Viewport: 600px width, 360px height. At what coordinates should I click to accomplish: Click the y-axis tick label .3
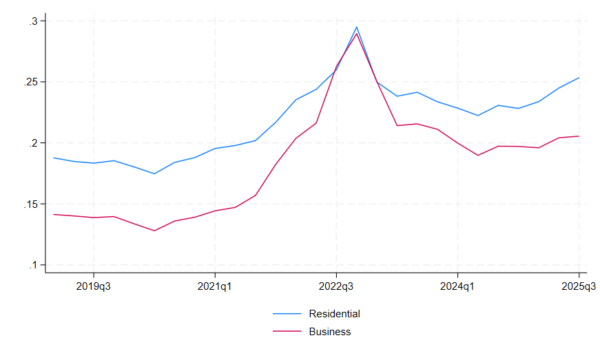pos(33,21)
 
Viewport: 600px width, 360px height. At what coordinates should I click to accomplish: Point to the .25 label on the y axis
pos(30,82)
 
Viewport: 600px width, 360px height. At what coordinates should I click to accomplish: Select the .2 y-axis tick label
pos(33,143)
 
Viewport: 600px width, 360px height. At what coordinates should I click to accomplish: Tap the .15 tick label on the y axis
pos(30,204)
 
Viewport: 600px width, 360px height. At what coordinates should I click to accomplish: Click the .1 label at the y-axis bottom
pos(33,265)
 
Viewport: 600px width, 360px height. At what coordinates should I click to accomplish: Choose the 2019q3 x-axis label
pos(93,286)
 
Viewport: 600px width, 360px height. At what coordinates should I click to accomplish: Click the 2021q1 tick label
pos(215,286)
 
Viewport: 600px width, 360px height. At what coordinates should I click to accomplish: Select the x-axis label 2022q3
pos(336,286)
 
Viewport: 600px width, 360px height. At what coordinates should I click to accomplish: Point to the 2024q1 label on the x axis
pos(457,286)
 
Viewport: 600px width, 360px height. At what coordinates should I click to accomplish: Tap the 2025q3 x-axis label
pos(579,286)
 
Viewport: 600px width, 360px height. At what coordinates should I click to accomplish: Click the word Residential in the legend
pos(334,314)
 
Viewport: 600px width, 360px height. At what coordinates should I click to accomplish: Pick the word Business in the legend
pos(330,332)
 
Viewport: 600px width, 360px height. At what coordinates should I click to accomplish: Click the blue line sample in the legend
pos(288,314)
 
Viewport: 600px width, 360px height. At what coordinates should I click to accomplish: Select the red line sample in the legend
pos(288,332)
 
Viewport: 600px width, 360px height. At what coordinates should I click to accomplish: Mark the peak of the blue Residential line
pos(356,27)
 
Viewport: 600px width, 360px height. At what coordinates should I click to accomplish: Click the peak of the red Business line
pos(356,34)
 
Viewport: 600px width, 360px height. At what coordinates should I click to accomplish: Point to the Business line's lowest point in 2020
pos(154,231)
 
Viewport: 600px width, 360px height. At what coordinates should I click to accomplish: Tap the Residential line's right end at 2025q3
pos(579,78)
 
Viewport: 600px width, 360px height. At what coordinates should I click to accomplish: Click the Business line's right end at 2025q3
pos(579,136)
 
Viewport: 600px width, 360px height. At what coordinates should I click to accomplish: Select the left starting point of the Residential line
pos(53,158)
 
